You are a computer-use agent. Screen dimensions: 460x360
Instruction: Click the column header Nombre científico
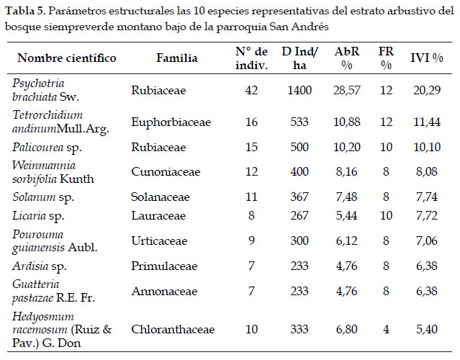pos(67,58)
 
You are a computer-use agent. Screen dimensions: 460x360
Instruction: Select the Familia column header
pos(177,58)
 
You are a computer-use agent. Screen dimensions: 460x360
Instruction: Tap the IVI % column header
pos(427,58)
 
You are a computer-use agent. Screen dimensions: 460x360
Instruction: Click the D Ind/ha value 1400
pos(299,90)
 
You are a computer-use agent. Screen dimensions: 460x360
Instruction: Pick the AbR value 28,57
pos(347,90)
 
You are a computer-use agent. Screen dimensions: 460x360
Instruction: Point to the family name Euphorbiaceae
pos(171,122)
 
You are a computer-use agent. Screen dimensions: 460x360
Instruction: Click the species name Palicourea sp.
pos(47,148)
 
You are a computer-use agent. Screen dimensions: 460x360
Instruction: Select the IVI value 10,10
pos(427,147)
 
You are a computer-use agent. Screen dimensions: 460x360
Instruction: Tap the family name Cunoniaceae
pos(166,171)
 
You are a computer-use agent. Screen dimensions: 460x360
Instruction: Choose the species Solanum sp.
pos(43,197)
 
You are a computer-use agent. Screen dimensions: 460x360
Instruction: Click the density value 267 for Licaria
pos(299,216)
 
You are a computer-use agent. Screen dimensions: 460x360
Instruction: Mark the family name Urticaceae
pos(159,241)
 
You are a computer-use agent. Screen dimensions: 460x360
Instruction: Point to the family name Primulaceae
pos(164,266)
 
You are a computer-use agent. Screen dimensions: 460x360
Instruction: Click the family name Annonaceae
pos(164,292)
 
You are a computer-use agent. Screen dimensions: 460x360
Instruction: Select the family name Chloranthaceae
pos(173,330)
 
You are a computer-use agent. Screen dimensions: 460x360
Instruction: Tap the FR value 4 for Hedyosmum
pos(386,330)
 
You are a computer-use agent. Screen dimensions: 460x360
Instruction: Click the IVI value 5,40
pos(427,330)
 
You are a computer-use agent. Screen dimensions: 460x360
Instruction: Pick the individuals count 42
pos(252,90)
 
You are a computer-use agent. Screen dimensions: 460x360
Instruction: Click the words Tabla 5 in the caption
pos(24,11)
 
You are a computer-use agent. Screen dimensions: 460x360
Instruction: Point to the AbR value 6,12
pos(347,241)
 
